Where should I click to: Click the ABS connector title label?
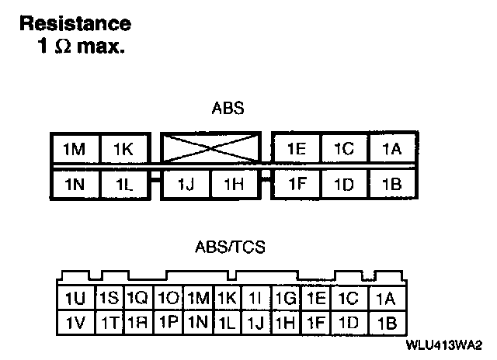pyautogui.click(x=228, y=109)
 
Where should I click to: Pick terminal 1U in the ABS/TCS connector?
pyautogui.click(x=75, y=299)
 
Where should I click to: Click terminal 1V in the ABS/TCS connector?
pyautogui.click(x=75, y=322)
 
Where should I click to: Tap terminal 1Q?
pyautogui.click(x=137, y=299)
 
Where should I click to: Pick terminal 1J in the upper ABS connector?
pyautogui.click(x=185, y=185)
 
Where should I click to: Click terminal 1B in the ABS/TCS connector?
pyautogui.click(x=386, y=322)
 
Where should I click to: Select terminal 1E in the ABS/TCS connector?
pyautogui.click(x=315, y=299)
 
